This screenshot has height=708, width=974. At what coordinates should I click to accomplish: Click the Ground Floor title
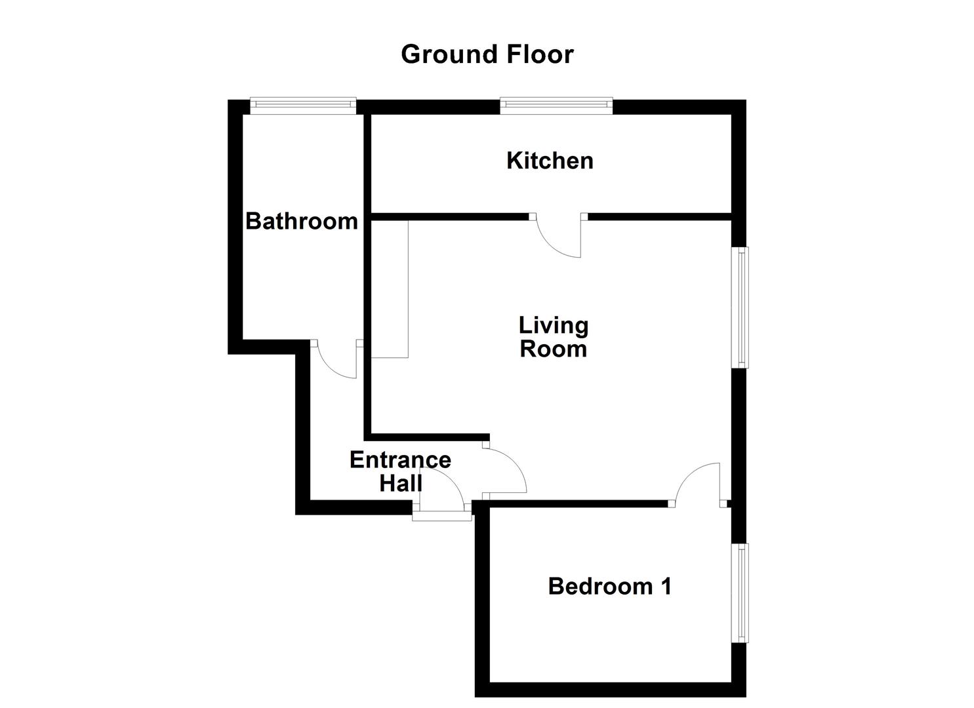[487, 54]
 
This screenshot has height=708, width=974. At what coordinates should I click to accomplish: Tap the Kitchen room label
[550, 161]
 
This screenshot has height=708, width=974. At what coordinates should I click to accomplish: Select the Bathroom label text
[301, 221]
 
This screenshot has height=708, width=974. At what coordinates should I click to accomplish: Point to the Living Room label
[553, 337]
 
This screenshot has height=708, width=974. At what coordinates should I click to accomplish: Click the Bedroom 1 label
[609, 586]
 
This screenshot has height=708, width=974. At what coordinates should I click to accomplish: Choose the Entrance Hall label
[400, 471]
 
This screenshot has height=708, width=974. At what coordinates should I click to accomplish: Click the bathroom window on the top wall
[303, 106]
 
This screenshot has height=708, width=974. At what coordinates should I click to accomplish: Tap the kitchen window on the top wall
[556, 106]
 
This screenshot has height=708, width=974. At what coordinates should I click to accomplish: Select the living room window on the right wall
[740, 307]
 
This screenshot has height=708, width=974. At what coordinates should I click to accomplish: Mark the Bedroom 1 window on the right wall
[740, 593]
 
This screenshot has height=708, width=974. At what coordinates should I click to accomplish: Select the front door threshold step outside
[442, 516]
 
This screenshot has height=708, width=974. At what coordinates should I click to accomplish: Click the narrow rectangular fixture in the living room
[390, 289]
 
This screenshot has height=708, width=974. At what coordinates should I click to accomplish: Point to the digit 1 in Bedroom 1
[666, 586]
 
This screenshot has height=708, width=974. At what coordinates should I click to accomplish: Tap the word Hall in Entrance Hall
[401, 483]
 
